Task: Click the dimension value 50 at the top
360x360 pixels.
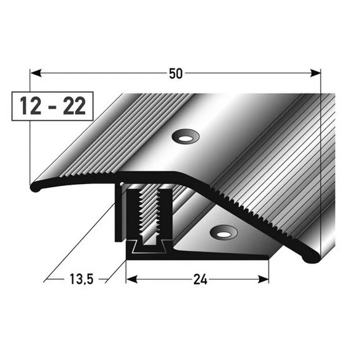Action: coord(176,73)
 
